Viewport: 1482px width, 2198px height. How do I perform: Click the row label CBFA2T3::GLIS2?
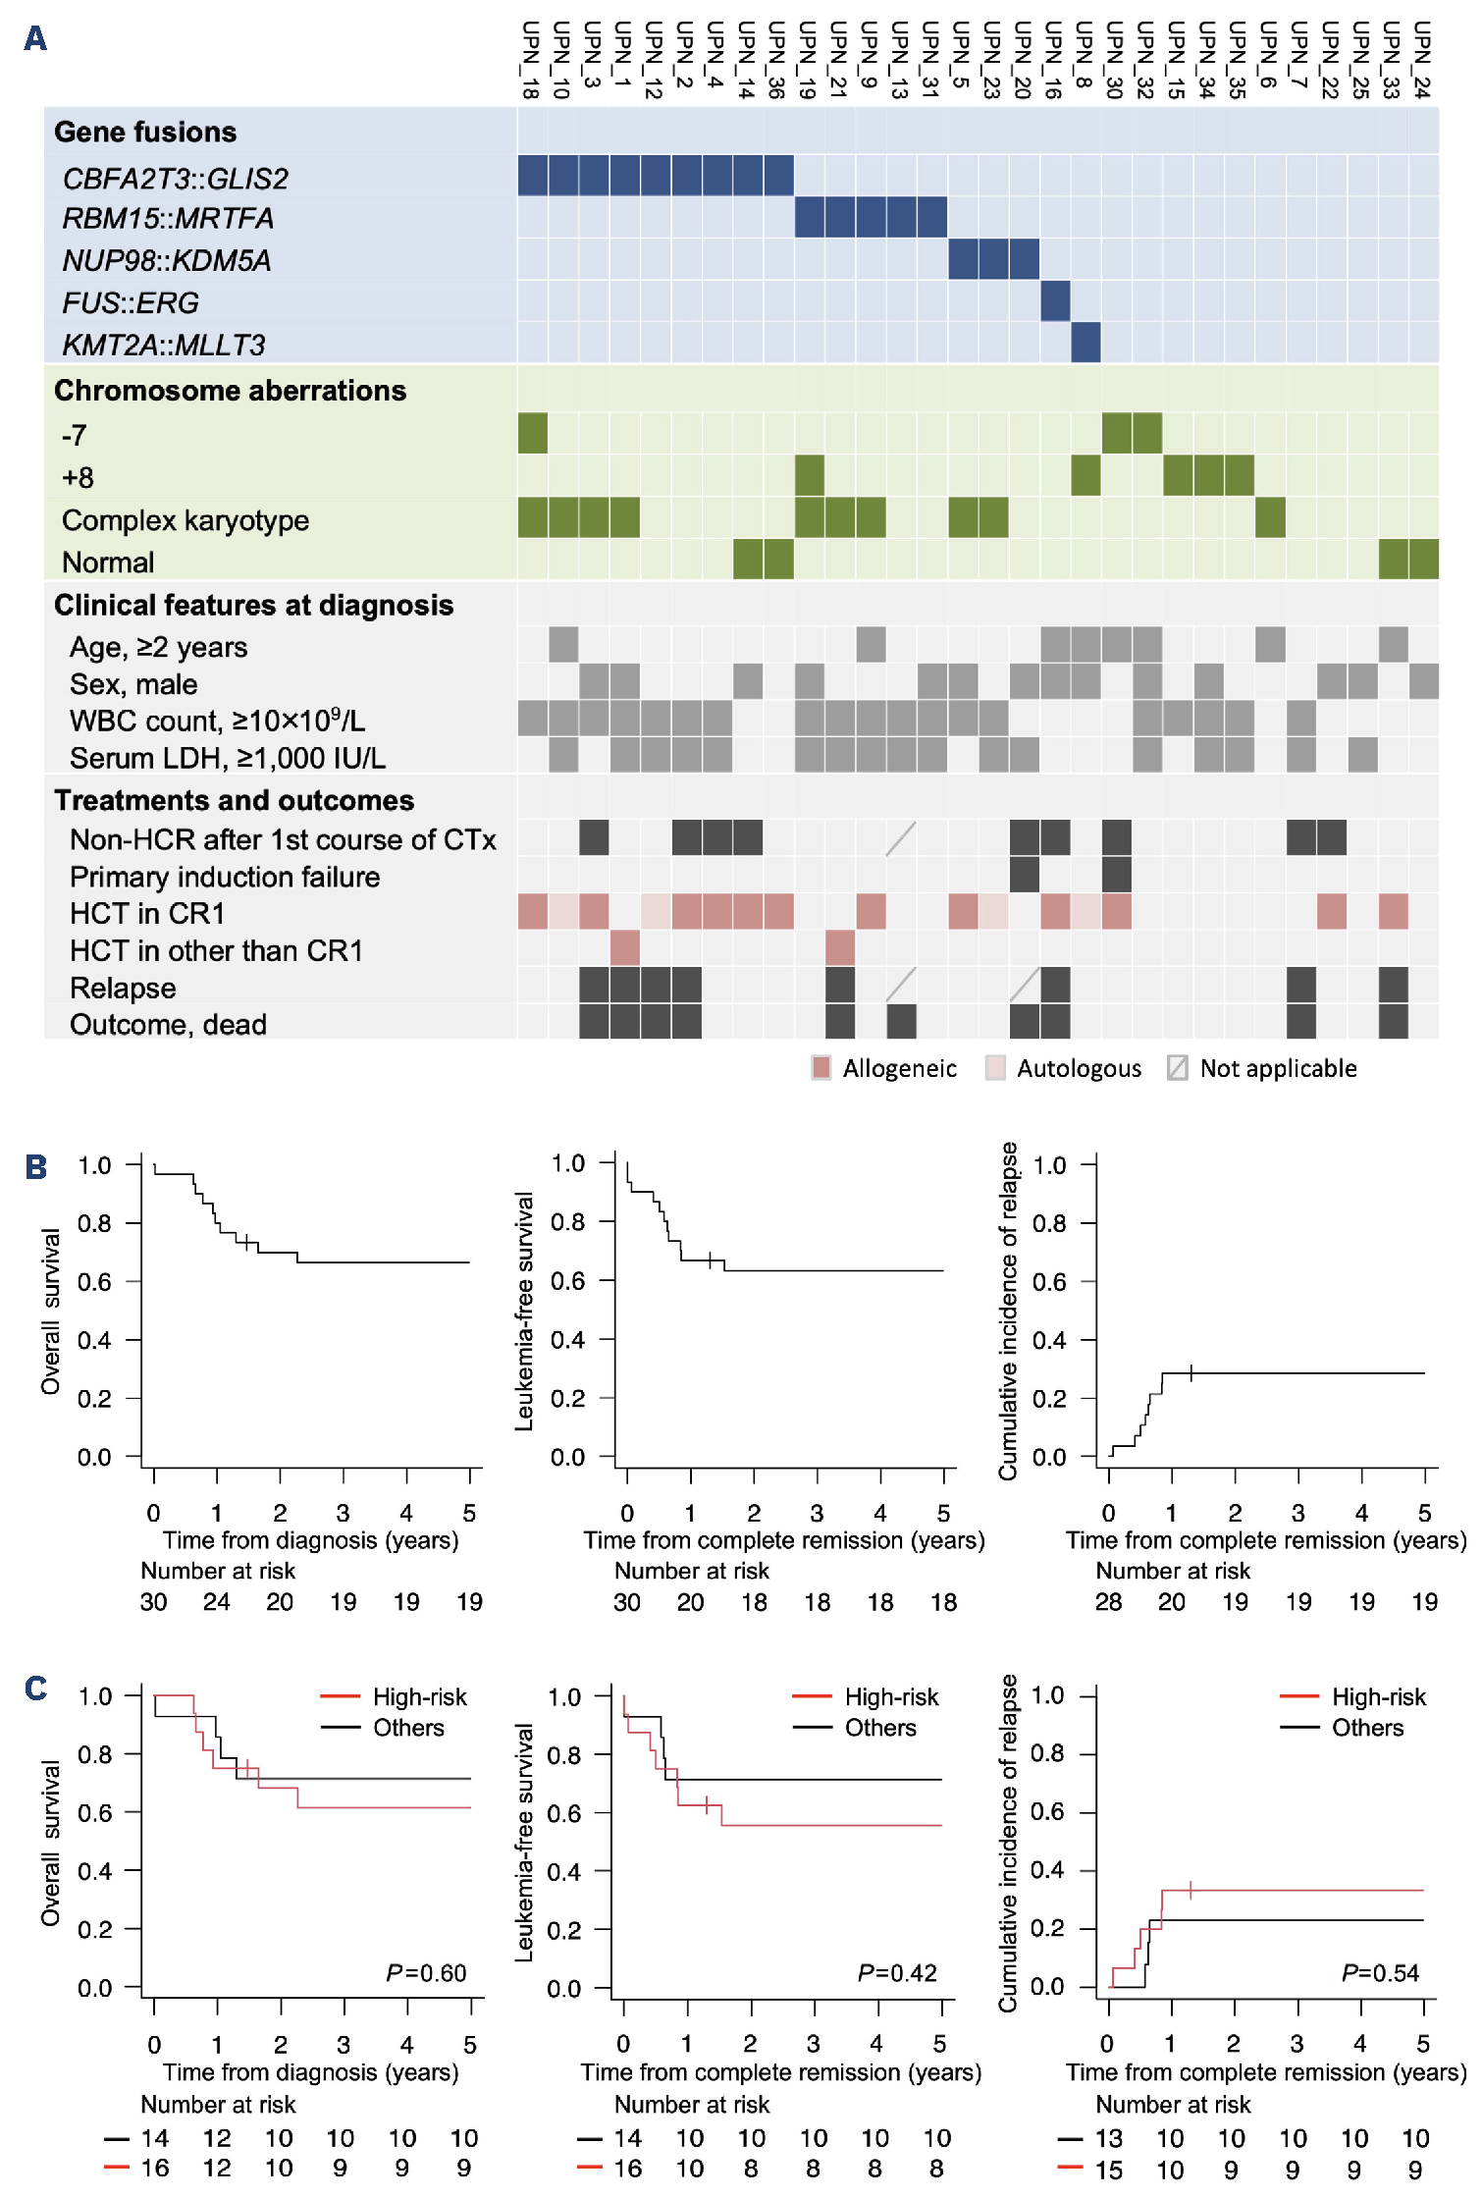tap(176, 179)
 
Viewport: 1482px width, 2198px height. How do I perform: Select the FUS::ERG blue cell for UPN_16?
tap(1055, 301)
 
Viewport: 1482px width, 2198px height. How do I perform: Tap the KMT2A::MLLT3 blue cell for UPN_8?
tap(1085, 344)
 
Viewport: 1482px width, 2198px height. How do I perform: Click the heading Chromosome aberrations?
tap(230, 391)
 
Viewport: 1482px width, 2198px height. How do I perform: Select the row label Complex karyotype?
tap(185, 520)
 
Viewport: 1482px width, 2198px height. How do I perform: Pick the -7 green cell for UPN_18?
tap(533, 434)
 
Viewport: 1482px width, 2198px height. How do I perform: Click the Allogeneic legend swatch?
tap(821, 1068)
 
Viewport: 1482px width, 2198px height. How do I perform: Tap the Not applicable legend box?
tap(1178, 1068)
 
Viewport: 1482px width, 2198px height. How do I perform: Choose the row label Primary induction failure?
tap(225, 877)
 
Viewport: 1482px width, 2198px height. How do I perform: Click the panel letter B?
tap(36, 1167)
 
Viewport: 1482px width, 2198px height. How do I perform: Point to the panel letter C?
tap(36, 1689)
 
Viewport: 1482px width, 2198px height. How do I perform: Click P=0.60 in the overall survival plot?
tap(426, 1973)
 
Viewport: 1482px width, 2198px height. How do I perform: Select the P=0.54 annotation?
tap(1380, 1973)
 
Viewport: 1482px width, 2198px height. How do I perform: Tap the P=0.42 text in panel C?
tap(897, 1973)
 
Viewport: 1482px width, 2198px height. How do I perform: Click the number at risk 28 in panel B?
tap(1108, 1602)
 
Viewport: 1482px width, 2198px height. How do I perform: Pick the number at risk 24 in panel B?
tap(216, 1602)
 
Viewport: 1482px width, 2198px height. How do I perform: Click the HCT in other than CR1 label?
tap(216, 950)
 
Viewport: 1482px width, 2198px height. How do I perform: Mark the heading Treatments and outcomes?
tap(234, 801)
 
